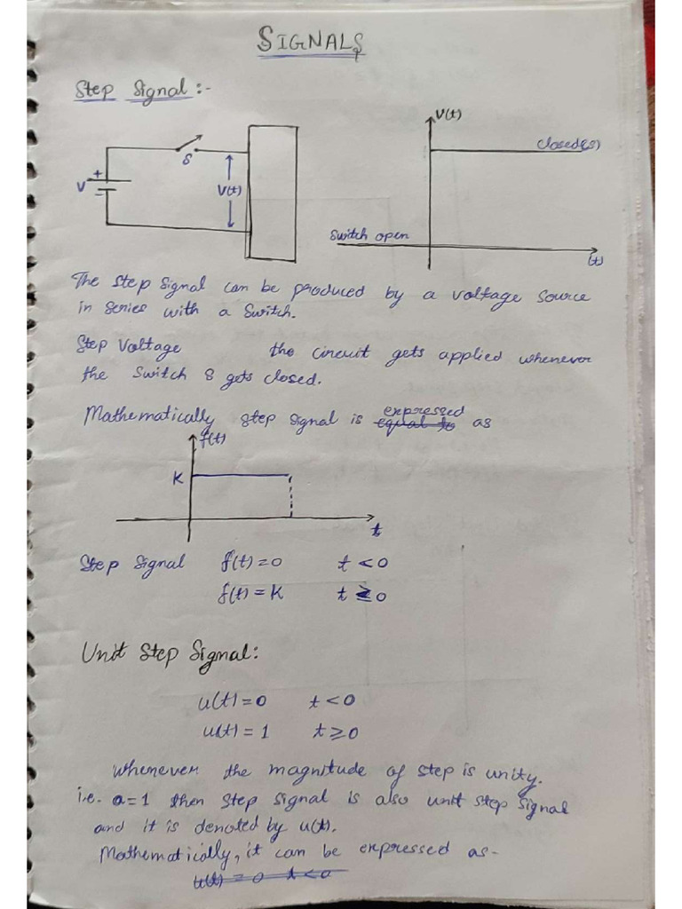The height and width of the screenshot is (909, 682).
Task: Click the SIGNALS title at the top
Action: click(x=311, y=40)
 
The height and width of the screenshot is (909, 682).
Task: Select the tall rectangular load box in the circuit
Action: click(x=272, y=193)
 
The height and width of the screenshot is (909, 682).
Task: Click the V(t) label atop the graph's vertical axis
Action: click(x=449, y=115)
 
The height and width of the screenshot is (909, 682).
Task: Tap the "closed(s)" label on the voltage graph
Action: click(x=567, y=144)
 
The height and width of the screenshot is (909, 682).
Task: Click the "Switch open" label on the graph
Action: click(x=369, y=236)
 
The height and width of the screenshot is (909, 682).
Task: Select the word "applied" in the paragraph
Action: click(x=467, y=357)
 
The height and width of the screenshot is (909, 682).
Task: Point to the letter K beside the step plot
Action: click(x=177, y=478)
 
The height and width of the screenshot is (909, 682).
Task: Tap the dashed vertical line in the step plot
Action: click(x=291, y=496)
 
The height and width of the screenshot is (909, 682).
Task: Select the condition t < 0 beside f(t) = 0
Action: click(x=362, y=563)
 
